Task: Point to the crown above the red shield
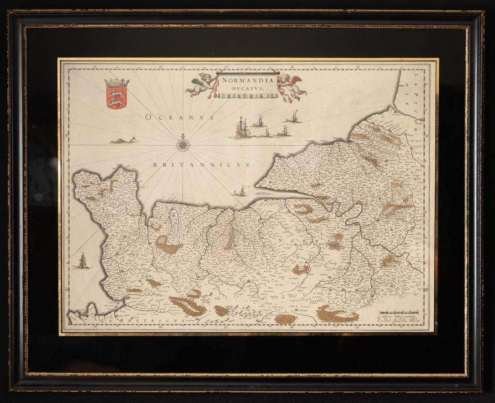click(117, 83)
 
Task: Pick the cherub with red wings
click(292, 86)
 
